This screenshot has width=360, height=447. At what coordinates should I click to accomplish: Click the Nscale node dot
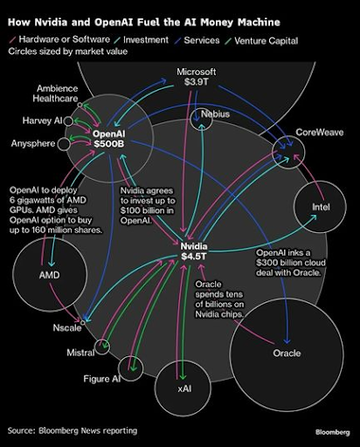pos(83,322)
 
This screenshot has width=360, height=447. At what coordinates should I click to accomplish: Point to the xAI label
pos(184,389)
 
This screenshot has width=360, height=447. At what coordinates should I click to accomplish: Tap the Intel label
pos(321,207)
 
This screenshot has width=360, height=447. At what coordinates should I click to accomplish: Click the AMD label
pos(50,275)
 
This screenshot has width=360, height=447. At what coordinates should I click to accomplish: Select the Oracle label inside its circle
pos(287,353)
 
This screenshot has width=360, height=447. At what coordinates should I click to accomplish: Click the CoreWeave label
pos(320,133)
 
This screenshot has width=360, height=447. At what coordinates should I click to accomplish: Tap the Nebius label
pos(215,114)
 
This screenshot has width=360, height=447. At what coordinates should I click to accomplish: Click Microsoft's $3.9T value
pos(197,82)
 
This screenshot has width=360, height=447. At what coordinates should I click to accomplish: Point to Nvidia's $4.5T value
pos(194,257)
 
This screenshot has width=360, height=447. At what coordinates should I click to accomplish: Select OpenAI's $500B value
pos(109,143)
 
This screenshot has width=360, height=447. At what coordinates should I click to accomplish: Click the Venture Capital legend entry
pos(261,41)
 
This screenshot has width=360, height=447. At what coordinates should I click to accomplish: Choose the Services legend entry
pos(197,40)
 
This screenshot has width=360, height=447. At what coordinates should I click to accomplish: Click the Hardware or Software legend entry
pos(59,39)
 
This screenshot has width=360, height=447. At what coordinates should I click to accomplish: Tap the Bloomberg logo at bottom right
pos(333,432)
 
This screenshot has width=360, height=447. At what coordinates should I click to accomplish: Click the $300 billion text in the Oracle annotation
pos(275,263)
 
